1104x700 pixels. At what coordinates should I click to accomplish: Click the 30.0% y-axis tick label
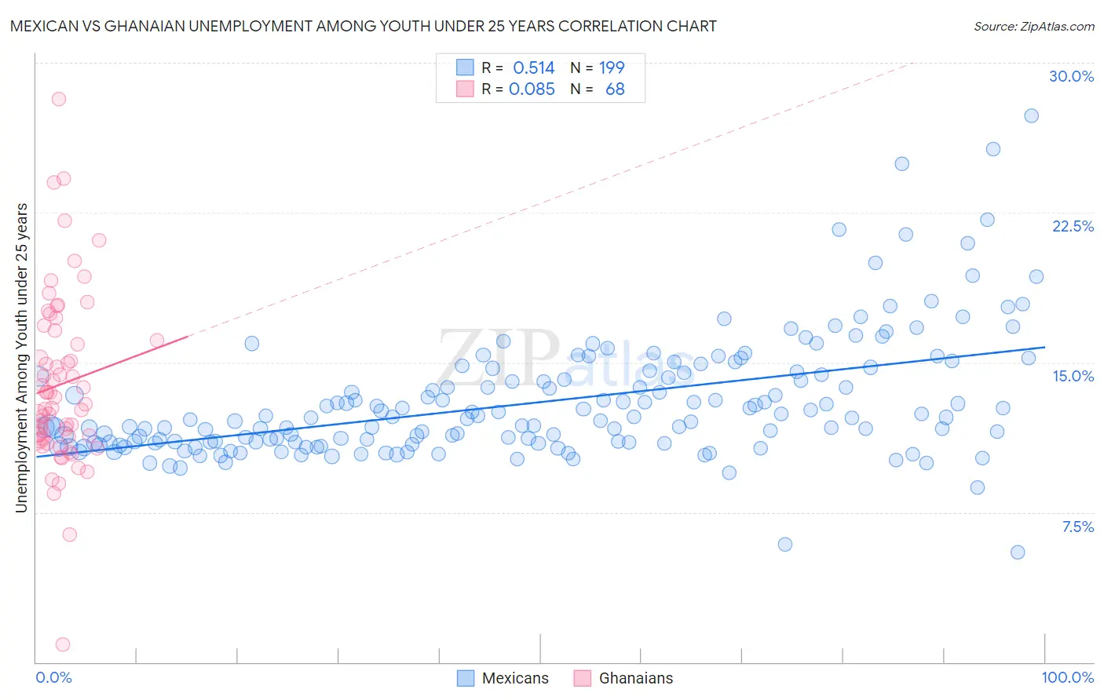[x=1071, y=76]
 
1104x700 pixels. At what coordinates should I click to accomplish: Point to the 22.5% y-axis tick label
[x=1073, y=226]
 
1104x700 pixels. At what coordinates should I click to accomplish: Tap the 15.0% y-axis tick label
[x=1073, y=376]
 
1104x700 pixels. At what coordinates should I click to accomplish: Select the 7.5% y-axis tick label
[x=1077, y=527]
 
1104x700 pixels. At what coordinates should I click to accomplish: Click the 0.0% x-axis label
[x=53, y=677]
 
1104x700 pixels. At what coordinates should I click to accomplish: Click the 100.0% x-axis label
[x=1067, y=677]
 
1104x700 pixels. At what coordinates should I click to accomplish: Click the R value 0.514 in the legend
[x=533, y=67]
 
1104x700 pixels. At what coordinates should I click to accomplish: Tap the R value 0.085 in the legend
[x=532, y=89]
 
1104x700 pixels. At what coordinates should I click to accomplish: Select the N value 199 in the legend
[x=612, y=67]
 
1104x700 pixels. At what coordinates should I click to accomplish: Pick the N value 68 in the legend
[x=615, y=89]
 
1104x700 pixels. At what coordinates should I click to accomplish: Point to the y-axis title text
[x=21, y=358]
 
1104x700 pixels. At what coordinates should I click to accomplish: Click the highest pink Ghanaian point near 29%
[x=58, y=99]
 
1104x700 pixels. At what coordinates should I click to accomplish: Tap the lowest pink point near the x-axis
[x=63, y=644]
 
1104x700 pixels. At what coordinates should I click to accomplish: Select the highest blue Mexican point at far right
[x=1031, y=115]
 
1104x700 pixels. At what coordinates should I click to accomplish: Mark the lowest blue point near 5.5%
[x=1018, y=552]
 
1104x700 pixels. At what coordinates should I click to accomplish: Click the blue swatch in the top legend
[x=465, y=67]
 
